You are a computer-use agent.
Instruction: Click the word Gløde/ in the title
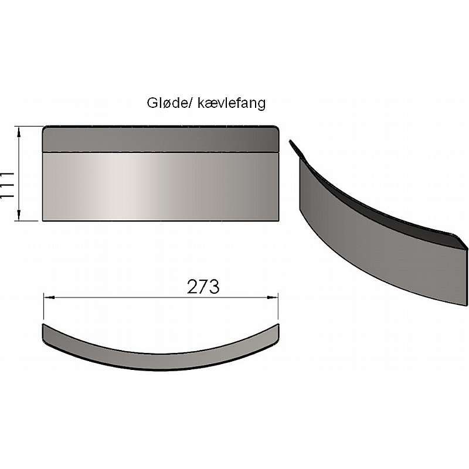[165, 103]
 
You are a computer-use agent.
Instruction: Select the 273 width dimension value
[203, 287]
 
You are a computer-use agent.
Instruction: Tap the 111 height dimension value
[8, 185]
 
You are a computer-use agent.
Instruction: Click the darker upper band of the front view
[160, 140]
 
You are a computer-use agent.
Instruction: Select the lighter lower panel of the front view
[160, 186]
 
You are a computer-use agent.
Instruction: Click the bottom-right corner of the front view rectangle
[278, 220]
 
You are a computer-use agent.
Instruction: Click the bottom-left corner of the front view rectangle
[43, 220]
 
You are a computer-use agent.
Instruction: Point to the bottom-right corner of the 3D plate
[467, 304]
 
